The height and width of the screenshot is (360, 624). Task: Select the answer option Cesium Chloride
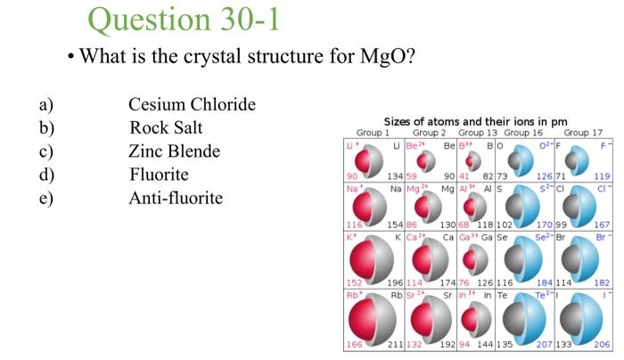pyautogui.click(x=192, y=105)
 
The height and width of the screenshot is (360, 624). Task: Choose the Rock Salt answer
pyautogui.click(x=166, y=128)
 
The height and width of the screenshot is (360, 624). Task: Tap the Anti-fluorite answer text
pyautogui.click(x=176, y=198)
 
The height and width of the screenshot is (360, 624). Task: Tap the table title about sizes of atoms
pyautogui.click(x=474, y=122)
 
